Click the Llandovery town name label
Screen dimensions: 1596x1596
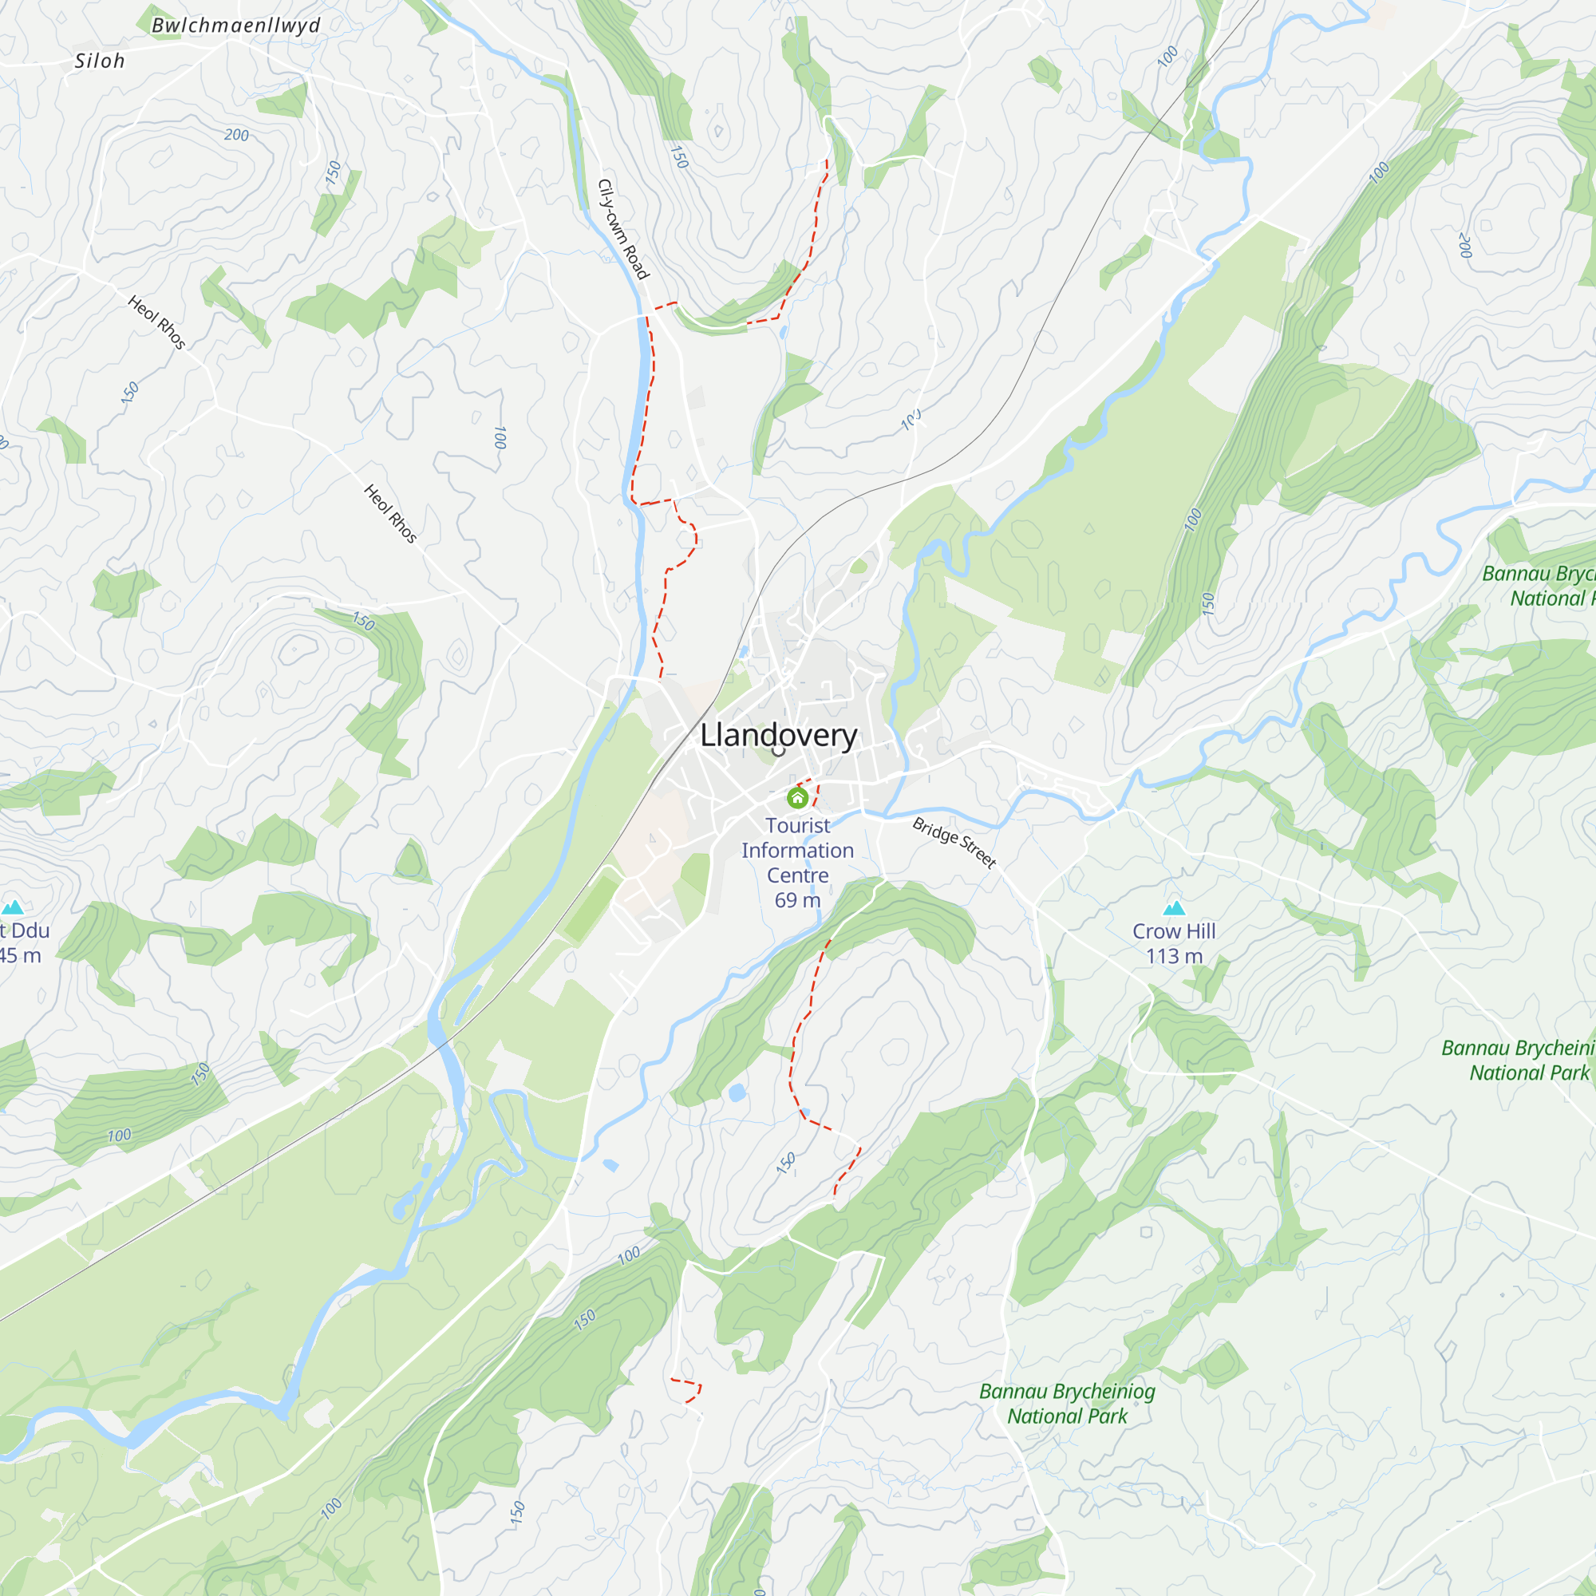[x=778, y=735]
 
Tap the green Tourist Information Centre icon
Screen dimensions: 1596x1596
[x=797, y=798]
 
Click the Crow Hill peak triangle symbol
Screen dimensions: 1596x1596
[x=1174, y=909]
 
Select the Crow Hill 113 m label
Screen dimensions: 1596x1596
[x=1174, y=943]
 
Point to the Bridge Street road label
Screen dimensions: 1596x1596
[x=954, y=843]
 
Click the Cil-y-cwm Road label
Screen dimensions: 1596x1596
[x=624, y=230]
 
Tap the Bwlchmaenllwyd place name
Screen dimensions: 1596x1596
[x=235, y=26]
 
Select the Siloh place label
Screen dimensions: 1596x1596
[x=100, y=61]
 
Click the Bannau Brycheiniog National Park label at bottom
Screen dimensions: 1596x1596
[x=1067, y=1404]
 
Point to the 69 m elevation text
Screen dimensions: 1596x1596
[x=797, y=900]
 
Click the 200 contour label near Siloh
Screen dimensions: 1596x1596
[x=236, y=135]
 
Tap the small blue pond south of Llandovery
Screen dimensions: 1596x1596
[x=737, y=1093]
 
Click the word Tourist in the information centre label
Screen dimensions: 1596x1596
[x=797, y=825]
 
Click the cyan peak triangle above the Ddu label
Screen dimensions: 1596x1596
[x=13, y=908]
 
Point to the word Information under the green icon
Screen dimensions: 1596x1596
[x=797, y=850]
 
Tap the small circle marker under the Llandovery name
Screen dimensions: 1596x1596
[x=778, y=751]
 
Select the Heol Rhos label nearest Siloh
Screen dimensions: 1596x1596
[x=157, y=322]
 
